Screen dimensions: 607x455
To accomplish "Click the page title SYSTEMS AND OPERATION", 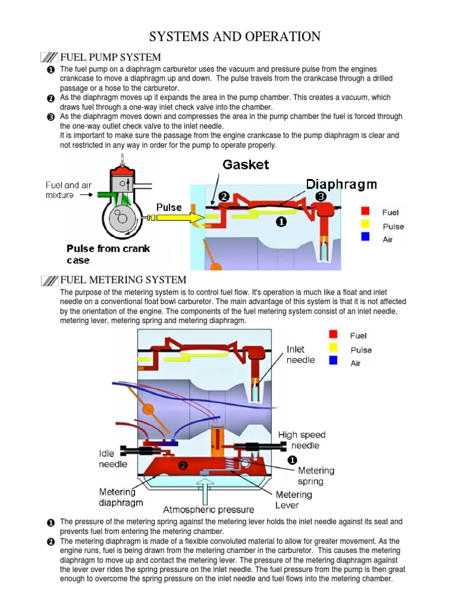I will (x=235, y=37).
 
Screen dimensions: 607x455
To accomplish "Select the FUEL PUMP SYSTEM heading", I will (x=111, y=57).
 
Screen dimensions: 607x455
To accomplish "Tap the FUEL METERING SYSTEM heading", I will (x=123, y=280).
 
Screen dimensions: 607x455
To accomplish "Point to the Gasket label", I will (x=246, y=164).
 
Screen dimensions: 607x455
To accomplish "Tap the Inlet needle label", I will (x=300, y=354).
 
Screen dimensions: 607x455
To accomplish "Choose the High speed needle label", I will (x=302, y=440).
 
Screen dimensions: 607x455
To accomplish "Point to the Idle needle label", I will (x=113, y=459).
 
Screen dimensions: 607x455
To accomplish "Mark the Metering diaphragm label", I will (x=120, y=497).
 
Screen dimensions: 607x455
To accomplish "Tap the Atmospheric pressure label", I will (x=209, y=509).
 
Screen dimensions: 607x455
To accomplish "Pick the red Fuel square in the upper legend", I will (x=366, y=210).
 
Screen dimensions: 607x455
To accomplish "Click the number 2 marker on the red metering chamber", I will (x=183, y=466).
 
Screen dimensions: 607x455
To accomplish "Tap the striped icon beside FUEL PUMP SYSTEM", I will (x=49, y=57).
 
